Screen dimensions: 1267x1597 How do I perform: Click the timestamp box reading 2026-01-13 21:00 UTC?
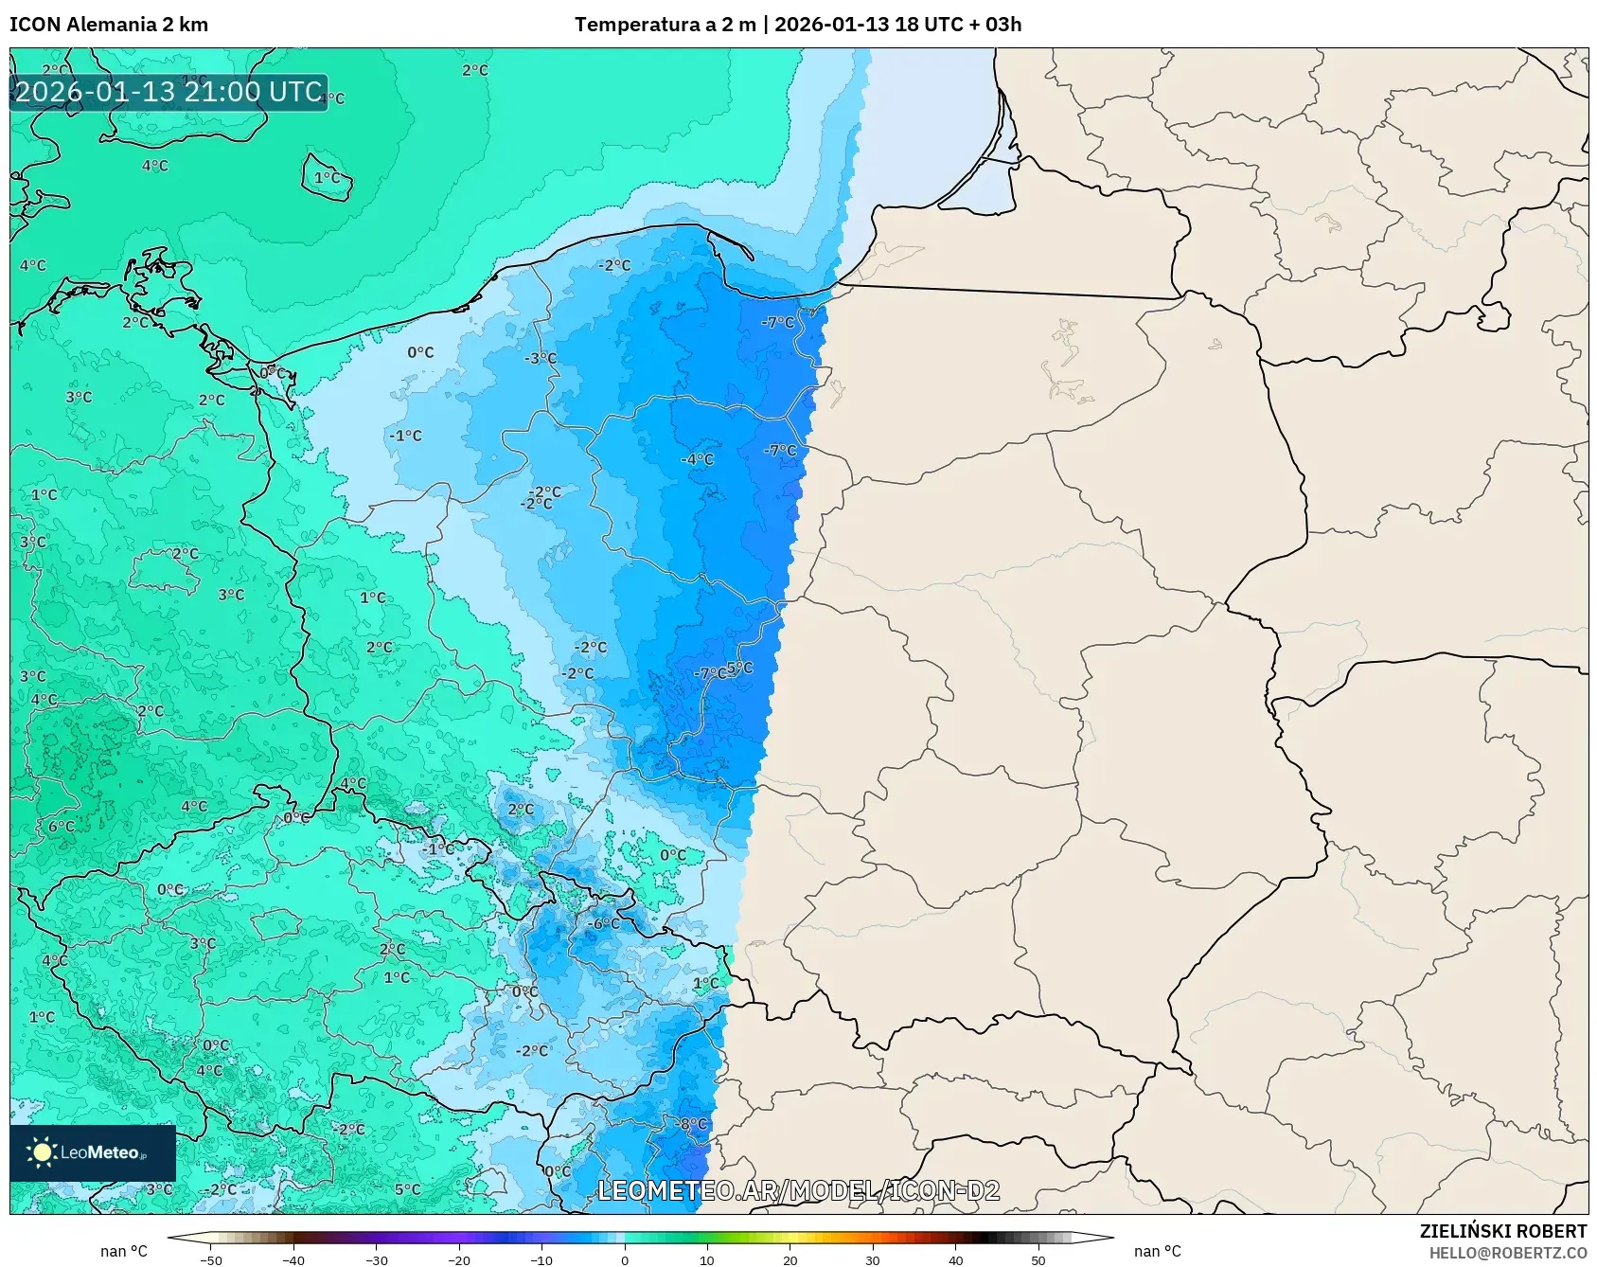point(169,92)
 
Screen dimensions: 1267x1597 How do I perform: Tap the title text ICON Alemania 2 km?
point(109,25)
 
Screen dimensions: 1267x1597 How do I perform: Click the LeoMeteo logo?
point(92,1152)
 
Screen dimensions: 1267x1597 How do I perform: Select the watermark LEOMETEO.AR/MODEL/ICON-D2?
point(798,1190)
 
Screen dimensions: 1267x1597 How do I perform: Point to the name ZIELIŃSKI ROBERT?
point(1502,1231)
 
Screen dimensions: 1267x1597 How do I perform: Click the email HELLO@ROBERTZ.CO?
point(1507,1253)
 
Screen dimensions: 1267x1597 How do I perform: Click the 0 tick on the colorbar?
point(624,1259)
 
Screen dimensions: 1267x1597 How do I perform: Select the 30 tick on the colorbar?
point(872,1259)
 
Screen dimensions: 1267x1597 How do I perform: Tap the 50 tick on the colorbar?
point(1038,1259)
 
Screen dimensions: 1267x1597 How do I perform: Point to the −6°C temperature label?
point(603,923)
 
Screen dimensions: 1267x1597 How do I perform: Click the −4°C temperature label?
point(697,459)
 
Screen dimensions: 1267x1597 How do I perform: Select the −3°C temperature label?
point(541,358)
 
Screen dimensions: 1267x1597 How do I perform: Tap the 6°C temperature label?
point(61,826)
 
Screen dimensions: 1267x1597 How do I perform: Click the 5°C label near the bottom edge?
point(407,1189)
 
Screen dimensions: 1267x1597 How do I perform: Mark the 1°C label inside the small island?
point(327,177)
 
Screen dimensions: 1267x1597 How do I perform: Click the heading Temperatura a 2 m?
point(665,25)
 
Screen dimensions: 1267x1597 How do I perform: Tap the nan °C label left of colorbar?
point(124,1251)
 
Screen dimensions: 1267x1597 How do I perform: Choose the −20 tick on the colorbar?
point(458,1259)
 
